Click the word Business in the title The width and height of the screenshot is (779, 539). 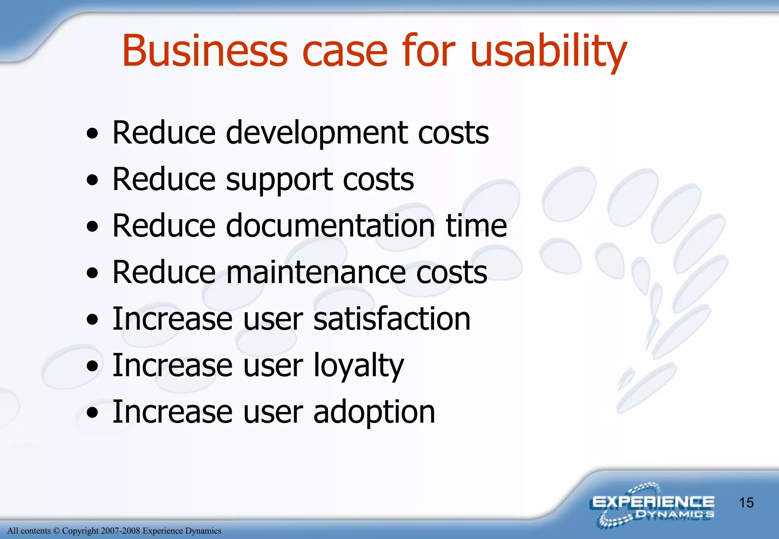pos(205,51)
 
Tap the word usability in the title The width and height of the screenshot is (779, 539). pos(548,51)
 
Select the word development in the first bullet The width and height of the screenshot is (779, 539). pos(316,133)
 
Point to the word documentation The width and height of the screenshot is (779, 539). pos(331,226)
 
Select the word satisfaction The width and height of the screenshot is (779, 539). pos(392,319)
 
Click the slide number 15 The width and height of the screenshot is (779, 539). pos(746,503)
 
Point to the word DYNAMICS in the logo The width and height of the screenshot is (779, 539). pos(675,515)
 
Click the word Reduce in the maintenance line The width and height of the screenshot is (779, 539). pos(164,273)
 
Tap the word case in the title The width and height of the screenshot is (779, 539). pos(345,51)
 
